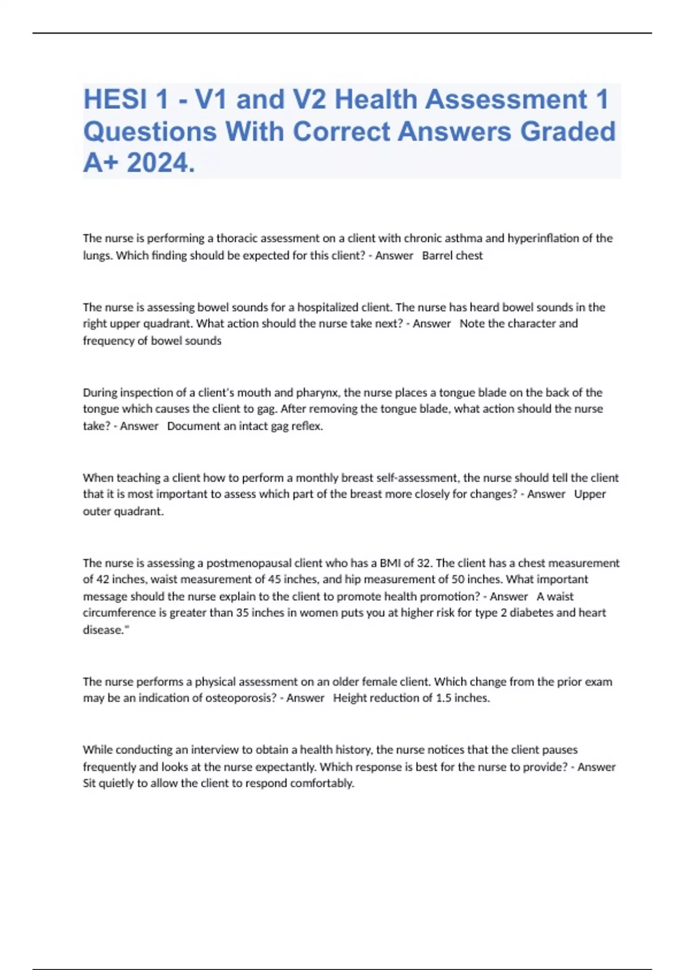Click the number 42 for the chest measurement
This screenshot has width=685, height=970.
[x=102, y=580]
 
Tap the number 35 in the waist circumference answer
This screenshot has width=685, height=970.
[x=243, y=613]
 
